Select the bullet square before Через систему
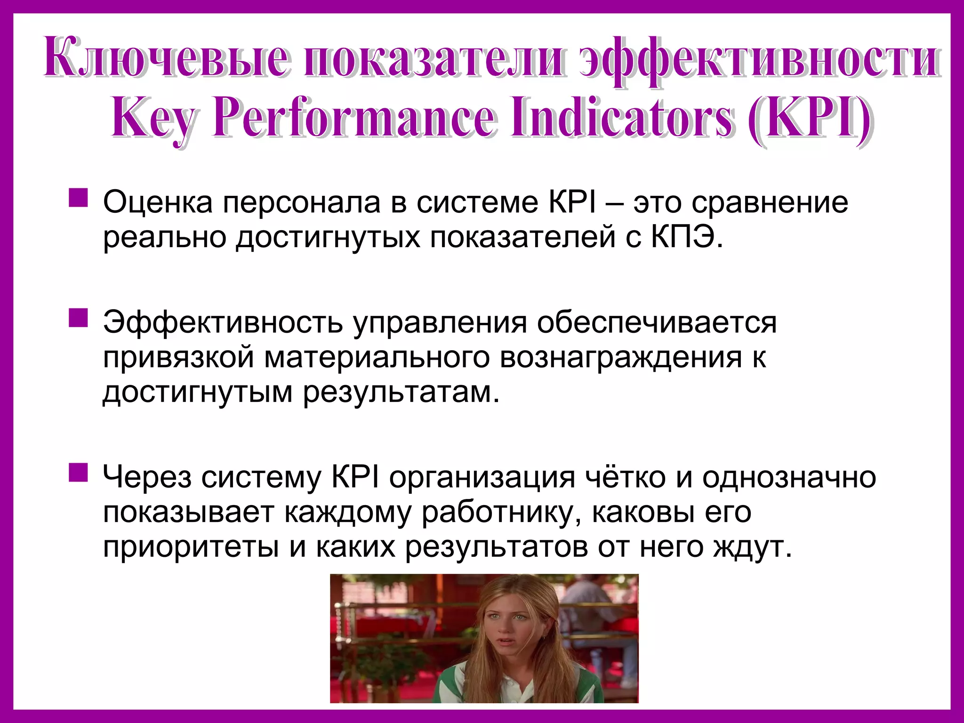click(78, 473)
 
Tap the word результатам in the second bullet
click(400, 392)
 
